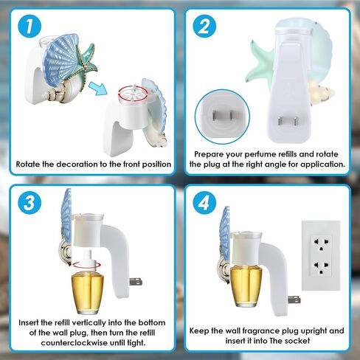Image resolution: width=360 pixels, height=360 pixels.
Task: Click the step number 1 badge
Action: [30, 27]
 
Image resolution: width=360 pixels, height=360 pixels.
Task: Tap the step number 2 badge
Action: [204, 27]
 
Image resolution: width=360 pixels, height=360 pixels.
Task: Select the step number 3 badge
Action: [30, 203]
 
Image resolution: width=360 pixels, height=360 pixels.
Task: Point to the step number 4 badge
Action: [204, 203]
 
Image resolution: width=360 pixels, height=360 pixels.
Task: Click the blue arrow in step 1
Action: [97, 89]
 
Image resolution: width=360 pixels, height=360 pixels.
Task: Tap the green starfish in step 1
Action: [86, 63]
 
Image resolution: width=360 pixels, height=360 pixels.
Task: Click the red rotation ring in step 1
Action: [133, 92]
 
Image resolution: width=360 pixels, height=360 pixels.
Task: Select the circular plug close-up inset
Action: [222, 117]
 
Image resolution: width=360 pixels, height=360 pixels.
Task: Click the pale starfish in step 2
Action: [260, 63]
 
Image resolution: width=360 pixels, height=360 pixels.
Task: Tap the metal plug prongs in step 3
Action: [136, 282]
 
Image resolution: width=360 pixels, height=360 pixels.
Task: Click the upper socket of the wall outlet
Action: [321, 244]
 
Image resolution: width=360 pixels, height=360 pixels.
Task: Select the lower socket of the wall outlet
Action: [321, 267]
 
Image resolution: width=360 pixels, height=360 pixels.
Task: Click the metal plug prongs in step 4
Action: [294, 300]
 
